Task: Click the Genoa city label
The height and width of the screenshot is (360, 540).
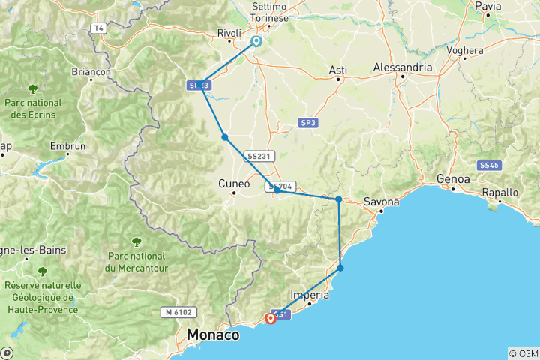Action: point(454,180)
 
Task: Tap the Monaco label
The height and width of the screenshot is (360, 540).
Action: point(214,334)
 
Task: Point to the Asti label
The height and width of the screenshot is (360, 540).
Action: point(338,70)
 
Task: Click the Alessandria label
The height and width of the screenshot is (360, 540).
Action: point(403,67)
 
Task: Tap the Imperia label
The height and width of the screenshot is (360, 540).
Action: point(309,295)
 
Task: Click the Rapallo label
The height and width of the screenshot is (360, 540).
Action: point(501,192)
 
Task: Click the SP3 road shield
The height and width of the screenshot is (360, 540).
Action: point(308,121)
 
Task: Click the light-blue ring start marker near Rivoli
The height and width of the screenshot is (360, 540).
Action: point(256,42)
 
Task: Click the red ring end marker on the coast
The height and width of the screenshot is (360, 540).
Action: point(270,318)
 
